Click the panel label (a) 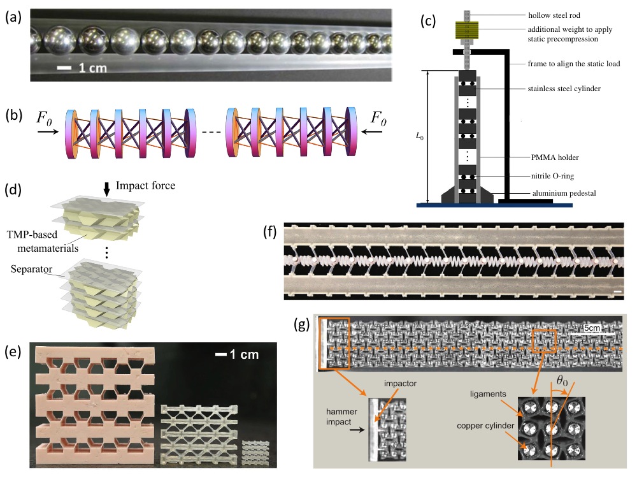[13, 18]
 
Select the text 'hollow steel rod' [555, 15]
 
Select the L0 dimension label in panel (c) [419, 136]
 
